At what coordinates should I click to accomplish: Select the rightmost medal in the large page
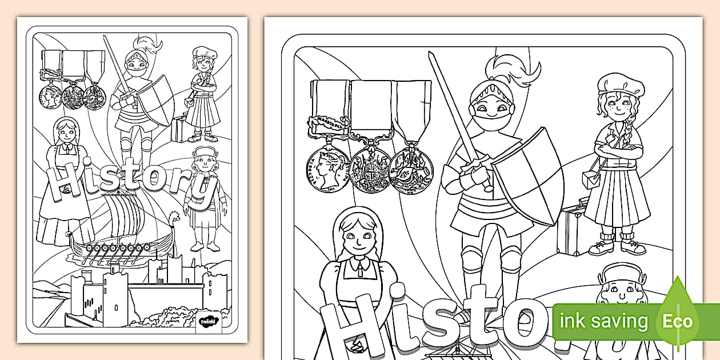(x=411, y=170)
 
